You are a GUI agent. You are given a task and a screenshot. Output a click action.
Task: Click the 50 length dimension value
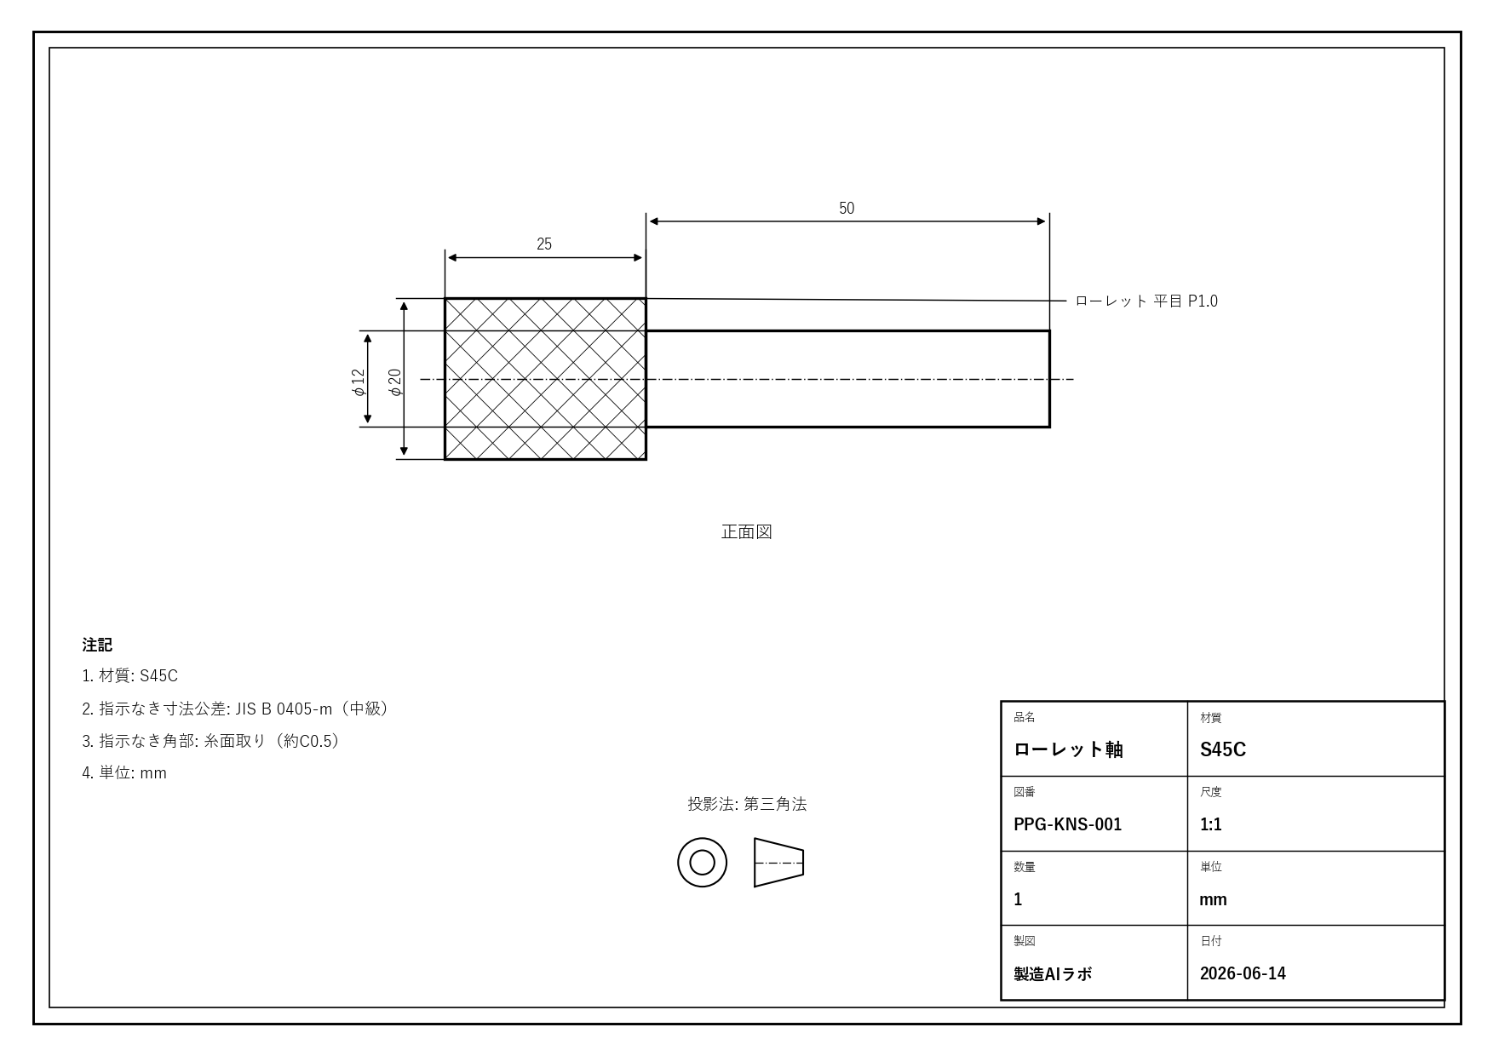pyautogui.click(x=846, y=209)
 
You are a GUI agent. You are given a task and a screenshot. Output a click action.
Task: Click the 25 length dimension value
pyautogui.click(x=544, y=244)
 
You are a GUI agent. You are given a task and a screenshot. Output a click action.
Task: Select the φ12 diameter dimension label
pyautogui.click(x=359, y=382)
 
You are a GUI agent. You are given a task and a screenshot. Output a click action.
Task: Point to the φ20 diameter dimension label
pyautogui.click(x=394, y=382)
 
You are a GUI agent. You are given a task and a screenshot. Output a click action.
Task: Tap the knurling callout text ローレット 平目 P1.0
pyautogui.click(x=1146, y=301)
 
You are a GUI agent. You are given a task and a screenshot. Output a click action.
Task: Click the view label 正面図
pyautogui.click(x=747, y=532)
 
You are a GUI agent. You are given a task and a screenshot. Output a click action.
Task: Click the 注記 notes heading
pyautogui.click(x=97, y=645)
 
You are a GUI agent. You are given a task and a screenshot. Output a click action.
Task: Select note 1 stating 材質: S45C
pyautogui.click(x=130, y=676)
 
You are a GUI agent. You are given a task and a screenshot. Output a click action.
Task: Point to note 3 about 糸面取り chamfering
pyautogui.click(x=212, y=741)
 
